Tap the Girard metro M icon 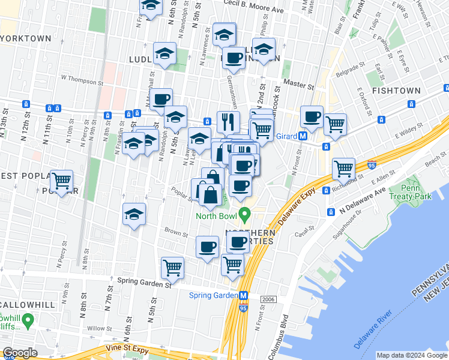click(304, 136)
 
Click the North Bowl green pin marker click(244, 214)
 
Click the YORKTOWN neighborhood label click(25, 38)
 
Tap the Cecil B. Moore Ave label click(253, 10)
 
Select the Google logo click(20, 353)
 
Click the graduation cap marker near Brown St click(134, 213)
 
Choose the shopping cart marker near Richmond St click(343, 169)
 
